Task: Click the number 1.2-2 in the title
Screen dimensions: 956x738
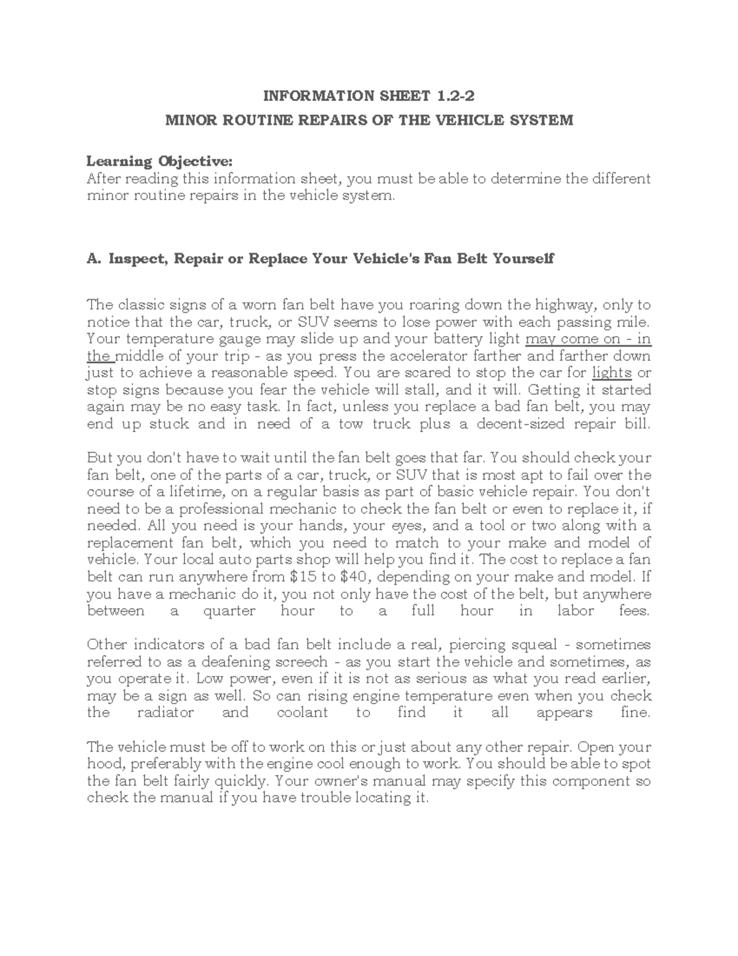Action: click(x=456, y=95)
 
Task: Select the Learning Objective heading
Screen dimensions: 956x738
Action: click(x=160, y=161)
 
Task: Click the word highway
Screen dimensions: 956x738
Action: click(x=565, y=305)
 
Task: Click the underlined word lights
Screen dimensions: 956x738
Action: click(x=612, y=373)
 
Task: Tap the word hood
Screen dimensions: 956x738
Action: click(x=101, y=764)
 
